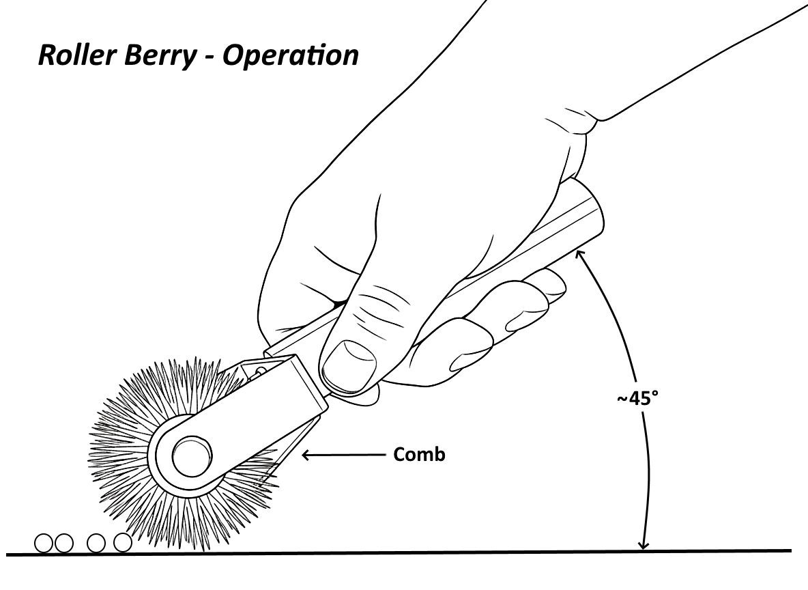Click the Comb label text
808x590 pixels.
[x=419, y=454]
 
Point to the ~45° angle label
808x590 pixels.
[x=639, y=399]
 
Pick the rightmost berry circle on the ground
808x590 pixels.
[x=122, y=543]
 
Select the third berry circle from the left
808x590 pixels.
[x=97, y=543]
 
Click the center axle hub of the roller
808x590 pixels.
[x=190, y=457]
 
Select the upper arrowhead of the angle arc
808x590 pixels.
[x=580, y=254]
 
